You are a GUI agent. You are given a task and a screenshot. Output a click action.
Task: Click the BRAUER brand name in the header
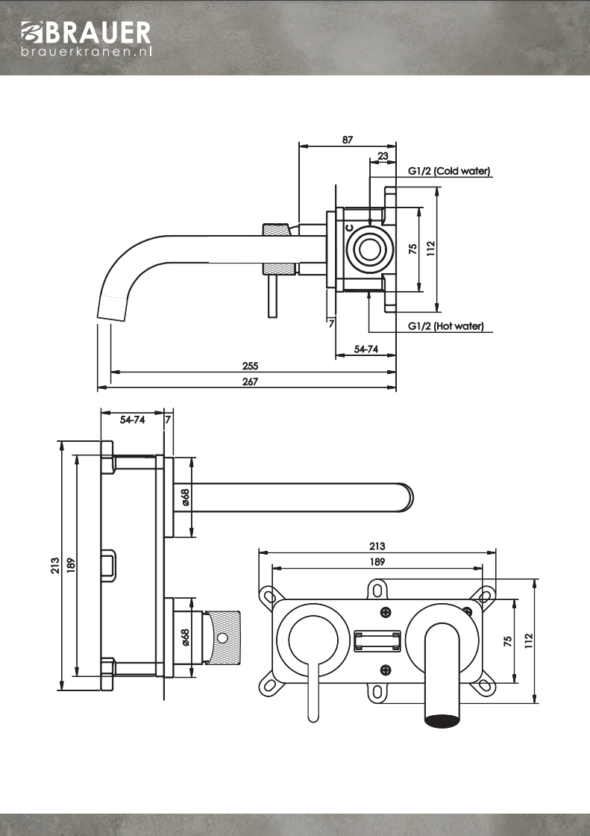click(97, 32)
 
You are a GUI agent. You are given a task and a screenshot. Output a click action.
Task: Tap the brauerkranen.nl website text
click(87, 52)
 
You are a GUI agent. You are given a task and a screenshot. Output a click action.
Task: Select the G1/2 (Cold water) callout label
click(449, 171)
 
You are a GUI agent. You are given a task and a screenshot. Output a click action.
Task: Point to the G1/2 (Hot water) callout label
click(446, 326)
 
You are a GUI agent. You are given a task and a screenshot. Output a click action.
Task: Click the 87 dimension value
click(348, 140)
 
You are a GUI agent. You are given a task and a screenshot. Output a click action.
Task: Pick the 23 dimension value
click(383, 156)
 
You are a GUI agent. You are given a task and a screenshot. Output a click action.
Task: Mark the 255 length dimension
click(250, 366)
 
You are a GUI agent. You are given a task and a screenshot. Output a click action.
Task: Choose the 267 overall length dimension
click(250, 381)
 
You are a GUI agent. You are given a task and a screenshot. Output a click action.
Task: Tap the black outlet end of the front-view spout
click(442, 720)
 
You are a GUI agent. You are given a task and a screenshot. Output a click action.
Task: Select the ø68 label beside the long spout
click(186, 497)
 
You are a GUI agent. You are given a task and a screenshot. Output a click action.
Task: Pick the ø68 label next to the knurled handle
click(186, 637)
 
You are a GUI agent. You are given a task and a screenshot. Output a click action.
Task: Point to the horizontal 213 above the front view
click(377, 546)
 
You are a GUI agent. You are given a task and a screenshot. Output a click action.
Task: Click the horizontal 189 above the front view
click(377, 562)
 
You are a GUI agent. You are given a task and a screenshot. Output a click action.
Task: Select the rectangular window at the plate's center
click(377, 640)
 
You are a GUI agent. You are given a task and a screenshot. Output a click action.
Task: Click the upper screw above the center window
click(385, 613)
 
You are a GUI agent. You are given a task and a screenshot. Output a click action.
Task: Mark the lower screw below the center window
click(385, 669)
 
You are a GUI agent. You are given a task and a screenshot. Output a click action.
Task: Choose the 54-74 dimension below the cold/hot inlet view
click(365, 349)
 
